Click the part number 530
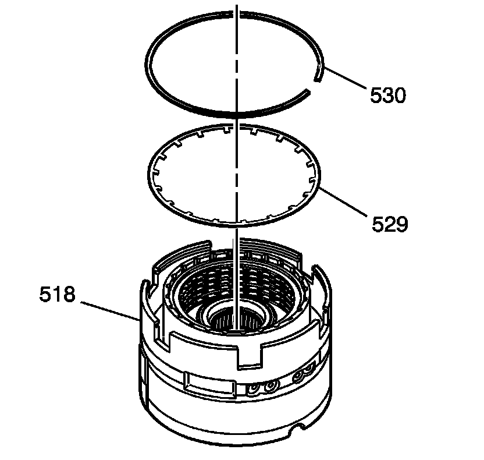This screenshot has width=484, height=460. click(x=388, y=95)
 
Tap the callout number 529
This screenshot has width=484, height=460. click(x=390, y=224)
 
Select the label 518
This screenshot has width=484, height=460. click(x=57, y=294)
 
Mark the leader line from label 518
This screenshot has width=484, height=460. click(x=110, y=312)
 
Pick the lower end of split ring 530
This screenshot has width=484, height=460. click(x=307, y=92)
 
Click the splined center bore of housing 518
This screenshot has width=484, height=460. click(x=236, y=320)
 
